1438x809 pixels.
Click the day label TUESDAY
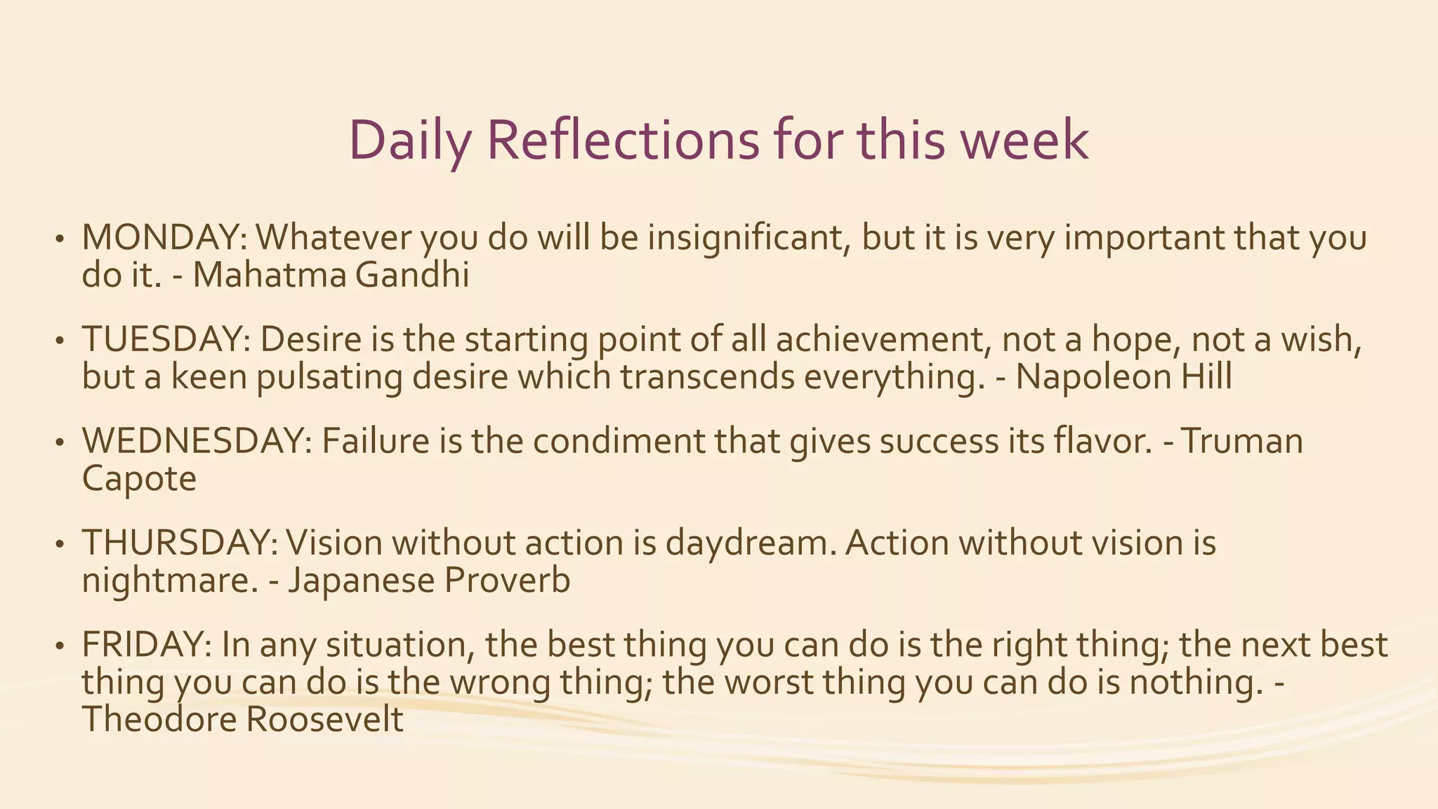166,340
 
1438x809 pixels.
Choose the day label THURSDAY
179,544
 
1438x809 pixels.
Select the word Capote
139,480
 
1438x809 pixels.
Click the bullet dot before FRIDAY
60,647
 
